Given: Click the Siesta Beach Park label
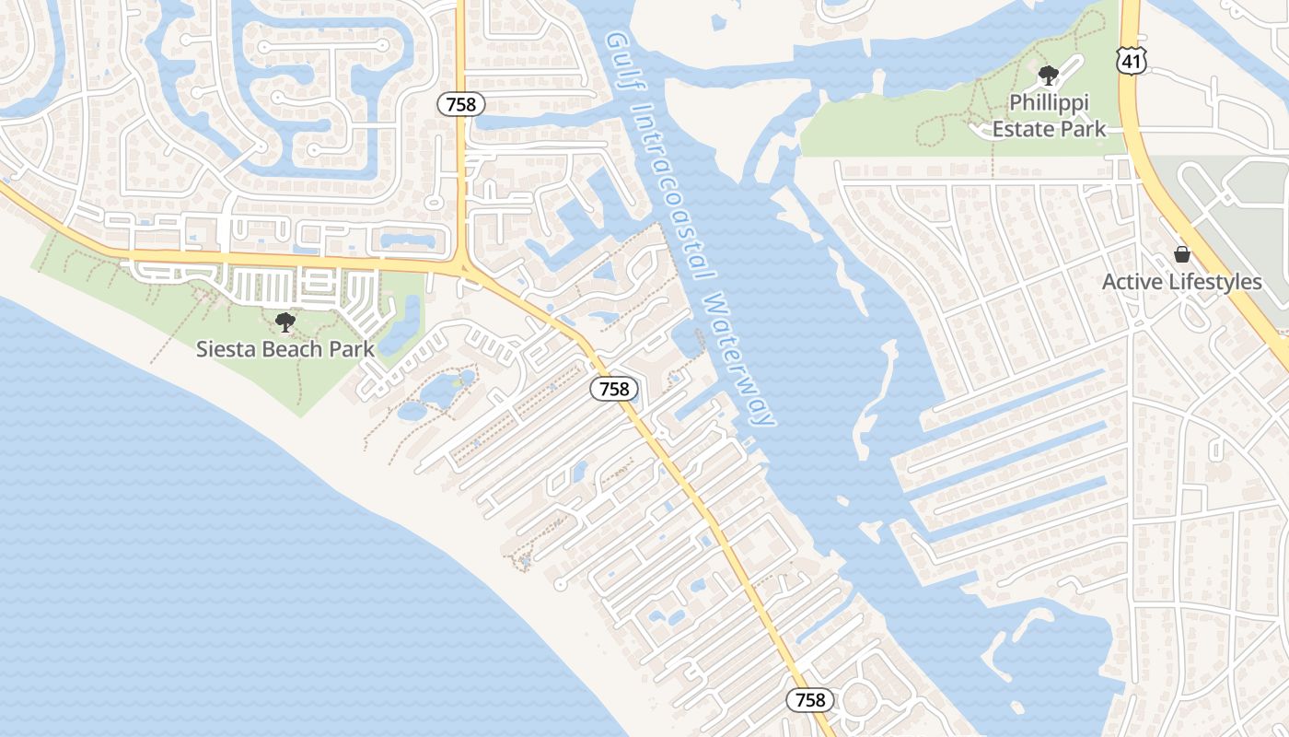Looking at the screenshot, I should pos(285,349).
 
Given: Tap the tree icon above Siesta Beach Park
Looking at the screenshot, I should pos(285,322).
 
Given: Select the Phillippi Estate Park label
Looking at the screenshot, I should pos(1049,115).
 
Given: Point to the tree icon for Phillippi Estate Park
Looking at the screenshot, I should pos(1048,76).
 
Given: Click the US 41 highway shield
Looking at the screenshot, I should pos(1130,62).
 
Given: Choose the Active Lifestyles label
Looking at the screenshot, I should pos(1182,282).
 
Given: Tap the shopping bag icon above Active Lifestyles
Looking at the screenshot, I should pos(1182,254).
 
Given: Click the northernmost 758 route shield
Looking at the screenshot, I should pos(460,104).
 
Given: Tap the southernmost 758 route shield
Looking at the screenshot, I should pos(810,700).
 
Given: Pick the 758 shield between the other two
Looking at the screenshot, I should pos(614,389).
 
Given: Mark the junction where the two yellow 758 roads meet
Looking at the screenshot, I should pos(463,268).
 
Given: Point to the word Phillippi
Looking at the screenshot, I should pos(1049,102).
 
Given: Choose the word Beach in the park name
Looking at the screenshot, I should pos(285,349).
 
